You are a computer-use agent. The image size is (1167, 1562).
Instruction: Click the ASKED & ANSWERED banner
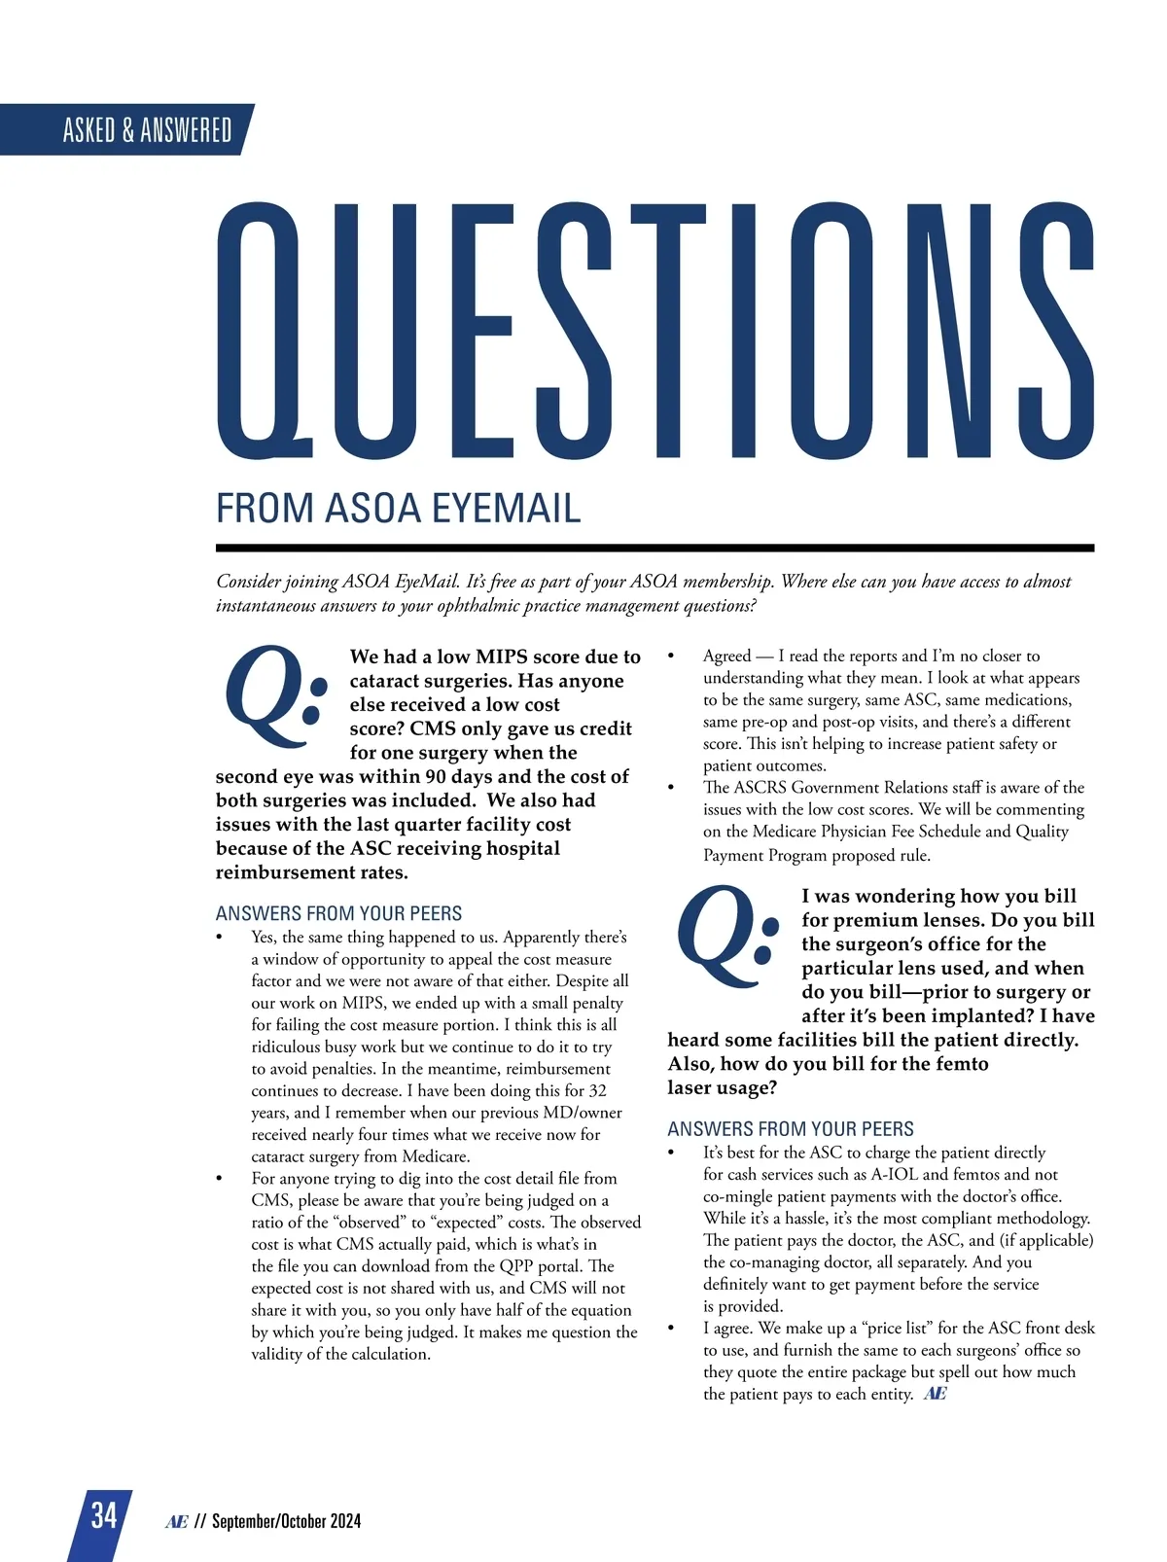coord(147,129)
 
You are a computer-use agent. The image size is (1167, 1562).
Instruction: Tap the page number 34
coord(103,1515)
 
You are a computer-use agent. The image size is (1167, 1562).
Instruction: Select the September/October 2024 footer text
coord(286,1521)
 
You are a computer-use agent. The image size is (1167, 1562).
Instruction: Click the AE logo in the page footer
coord(176,1521)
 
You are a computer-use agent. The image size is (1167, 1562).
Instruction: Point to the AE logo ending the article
coord(935,1394)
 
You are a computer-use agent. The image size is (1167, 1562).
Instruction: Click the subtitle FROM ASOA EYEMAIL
coord(398,509)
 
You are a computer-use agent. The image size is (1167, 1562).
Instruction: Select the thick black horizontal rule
coord(654,548)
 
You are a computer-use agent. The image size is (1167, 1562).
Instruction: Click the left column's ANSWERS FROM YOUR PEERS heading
coord(338,913)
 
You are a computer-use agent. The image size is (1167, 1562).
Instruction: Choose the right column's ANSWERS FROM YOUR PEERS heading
coord(790,1128)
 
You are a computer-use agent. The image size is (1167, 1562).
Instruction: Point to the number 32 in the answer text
coord(597,1090)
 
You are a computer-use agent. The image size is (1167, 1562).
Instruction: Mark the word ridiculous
coord(292,1047)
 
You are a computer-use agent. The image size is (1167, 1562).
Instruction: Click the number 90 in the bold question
coord(442,776)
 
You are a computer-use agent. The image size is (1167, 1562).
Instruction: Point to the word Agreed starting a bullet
coord(726,656)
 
